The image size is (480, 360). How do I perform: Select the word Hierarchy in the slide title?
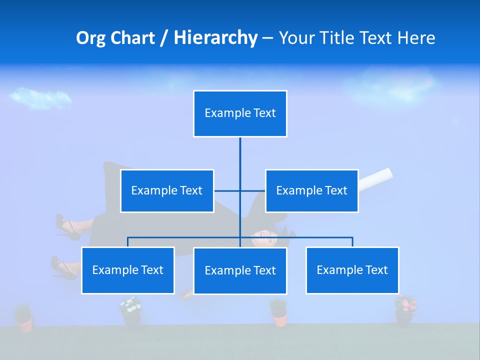[215, 38]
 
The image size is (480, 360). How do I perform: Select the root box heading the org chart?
[240, 113]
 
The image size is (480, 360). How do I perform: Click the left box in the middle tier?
[167, 191]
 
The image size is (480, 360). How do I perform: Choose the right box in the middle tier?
[311, 191]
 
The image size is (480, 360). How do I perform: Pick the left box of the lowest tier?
[128, 270]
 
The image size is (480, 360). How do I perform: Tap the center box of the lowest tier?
[240, 271]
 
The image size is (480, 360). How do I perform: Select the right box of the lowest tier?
[352, 270]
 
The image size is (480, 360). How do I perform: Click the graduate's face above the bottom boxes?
[265, 239]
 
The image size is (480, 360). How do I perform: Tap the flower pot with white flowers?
[131, 311]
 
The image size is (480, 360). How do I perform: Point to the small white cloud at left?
[40, 97]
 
